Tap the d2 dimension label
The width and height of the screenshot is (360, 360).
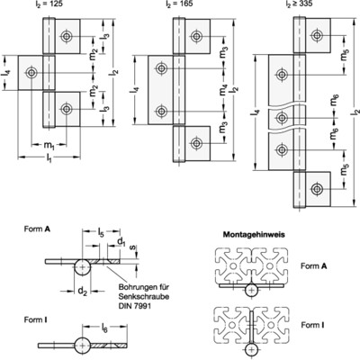tap(82, 290)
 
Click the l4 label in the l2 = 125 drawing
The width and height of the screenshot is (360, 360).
tap(6, 71)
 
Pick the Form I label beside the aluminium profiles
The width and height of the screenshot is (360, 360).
tap(314, 324)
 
